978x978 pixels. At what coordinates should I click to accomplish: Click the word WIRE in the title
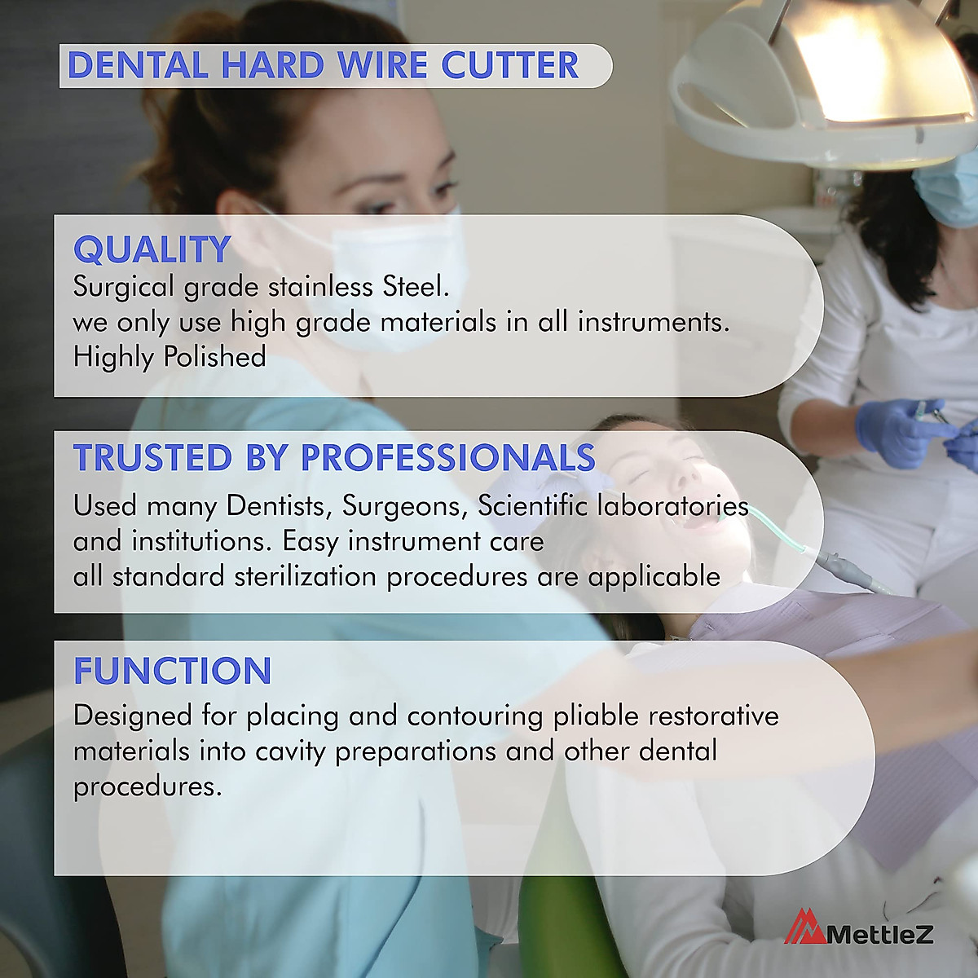[383, 65]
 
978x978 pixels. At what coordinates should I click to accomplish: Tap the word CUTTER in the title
[510, 65]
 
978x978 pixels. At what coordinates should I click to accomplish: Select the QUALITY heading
[152, 249]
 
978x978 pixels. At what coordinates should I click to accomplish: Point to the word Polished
[214, 356]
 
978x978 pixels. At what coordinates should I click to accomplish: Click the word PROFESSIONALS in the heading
[448, 457]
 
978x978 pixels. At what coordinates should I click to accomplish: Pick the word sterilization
[305, 576]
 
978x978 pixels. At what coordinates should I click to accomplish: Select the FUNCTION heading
[173, 671]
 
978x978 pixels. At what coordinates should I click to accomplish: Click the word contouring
[475, 717]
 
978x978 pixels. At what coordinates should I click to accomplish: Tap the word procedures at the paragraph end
[148, 787]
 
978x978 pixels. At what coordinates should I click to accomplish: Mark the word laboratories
[672, 505]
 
